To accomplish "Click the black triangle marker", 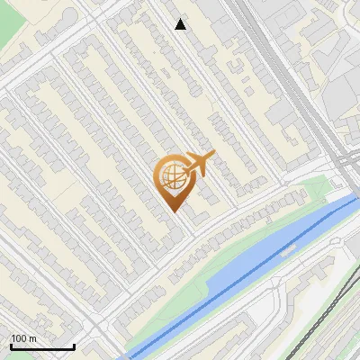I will (181, 24).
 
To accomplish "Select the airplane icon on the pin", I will (199, 165).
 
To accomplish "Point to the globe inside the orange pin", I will (171, 176).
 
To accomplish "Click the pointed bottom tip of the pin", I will (174, 211).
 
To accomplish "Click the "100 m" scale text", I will (23, 338).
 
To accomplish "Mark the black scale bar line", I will (42, 347).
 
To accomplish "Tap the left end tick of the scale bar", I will (11, 345).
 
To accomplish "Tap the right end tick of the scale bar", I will (74, 345).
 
